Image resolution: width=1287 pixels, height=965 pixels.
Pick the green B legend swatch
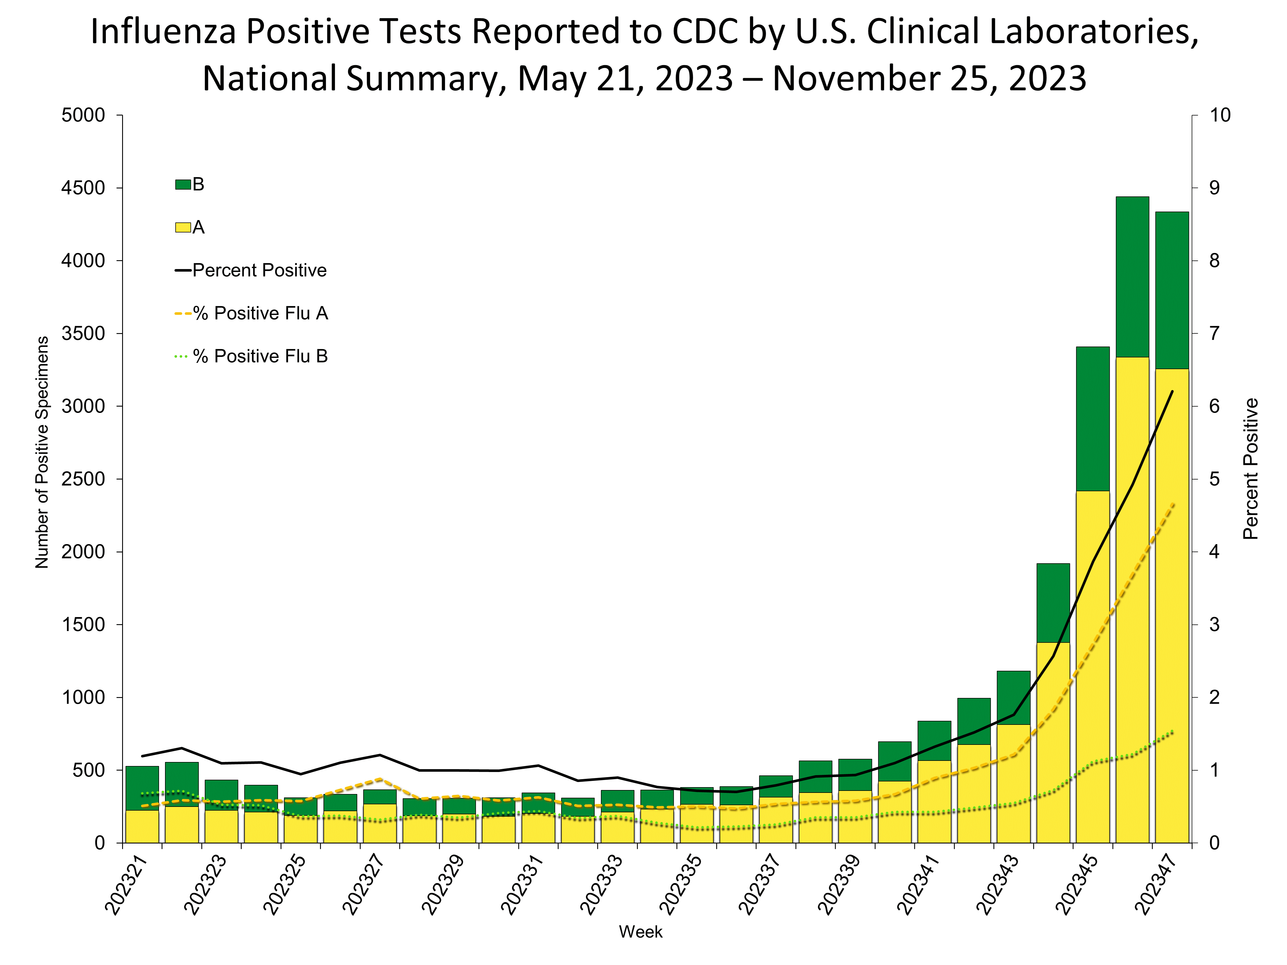tap(183, 184)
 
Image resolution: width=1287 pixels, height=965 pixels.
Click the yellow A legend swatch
tap(183, 227)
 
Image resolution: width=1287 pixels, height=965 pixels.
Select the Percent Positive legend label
tap(259, 270)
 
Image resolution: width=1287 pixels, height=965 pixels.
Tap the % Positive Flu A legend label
tap(261, 314)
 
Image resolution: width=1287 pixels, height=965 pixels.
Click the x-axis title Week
tap(641, 932)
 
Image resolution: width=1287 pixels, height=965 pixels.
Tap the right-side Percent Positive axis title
tap(1250, 469)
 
